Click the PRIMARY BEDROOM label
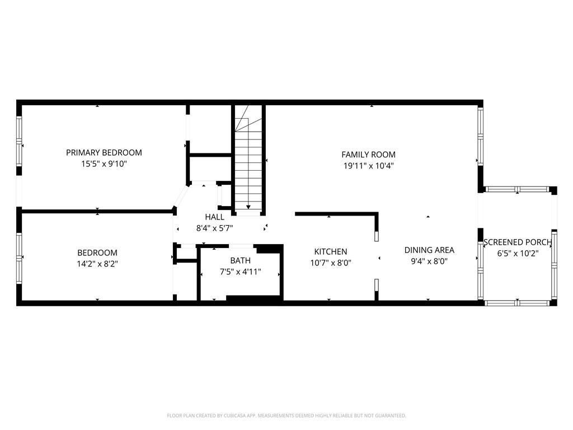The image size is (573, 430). click(104, 152)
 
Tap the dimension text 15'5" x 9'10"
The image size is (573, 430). click(104, 164)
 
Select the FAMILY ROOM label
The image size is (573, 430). click(368, 155)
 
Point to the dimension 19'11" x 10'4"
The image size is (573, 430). click(368, 166)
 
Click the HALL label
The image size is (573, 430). click(214, 217)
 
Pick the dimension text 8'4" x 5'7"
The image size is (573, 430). click(214, 228)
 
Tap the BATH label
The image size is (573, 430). click(241, 261)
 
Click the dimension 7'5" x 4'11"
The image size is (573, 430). click(241, 272)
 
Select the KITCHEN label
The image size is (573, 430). click(331, 251)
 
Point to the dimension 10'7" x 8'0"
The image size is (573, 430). click(331, 263)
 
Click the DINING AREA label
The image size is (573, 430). click(429, 250)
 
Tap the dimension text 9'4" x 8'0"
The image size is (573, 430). click(429, 261)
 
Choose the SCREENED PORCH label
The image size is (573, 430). click(518, 242)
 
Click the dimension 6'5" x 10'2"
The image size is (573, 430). click(518, 253)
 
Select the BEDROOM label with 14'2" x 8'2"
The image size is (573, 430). click(97, 253)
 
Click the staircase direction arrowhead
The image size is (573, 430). click(248, 207)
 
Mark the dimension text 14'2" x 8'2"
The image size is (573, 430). click(97, 264)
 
